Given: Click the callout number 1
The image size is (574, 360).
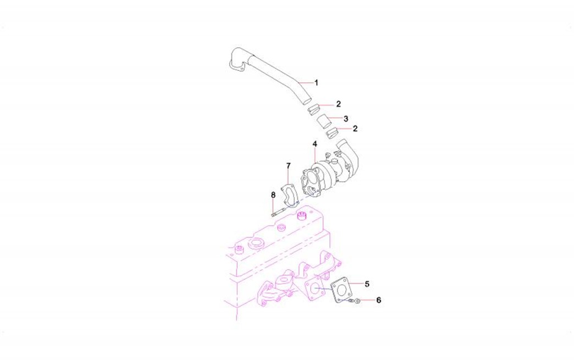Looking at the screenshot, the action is pos(316,82).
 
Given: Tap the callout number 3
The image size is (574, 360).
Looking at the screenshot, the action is pos(346,119).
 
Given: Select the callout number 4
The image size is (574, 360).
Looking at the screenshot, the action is pos(315,144).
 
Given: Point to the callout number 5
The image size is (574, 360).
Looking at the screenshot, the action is pos(367,284).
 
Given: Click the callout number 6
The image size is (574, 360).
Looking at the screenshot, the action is pos(378,300).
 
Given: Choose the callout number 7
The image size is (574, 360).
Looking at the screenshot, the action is pos(289,166).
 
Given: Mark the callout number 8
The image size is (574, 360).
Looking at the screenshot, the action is pos(273,195).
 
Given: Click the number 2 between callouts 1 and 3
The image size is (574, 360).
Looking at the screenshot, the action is pos(338,104).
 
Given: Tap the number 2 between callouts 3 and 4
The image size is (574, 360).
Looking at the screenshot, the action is pos(355,129).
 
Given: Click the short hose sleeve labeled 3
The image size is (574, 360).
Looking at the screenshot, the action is pos(323,121).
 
